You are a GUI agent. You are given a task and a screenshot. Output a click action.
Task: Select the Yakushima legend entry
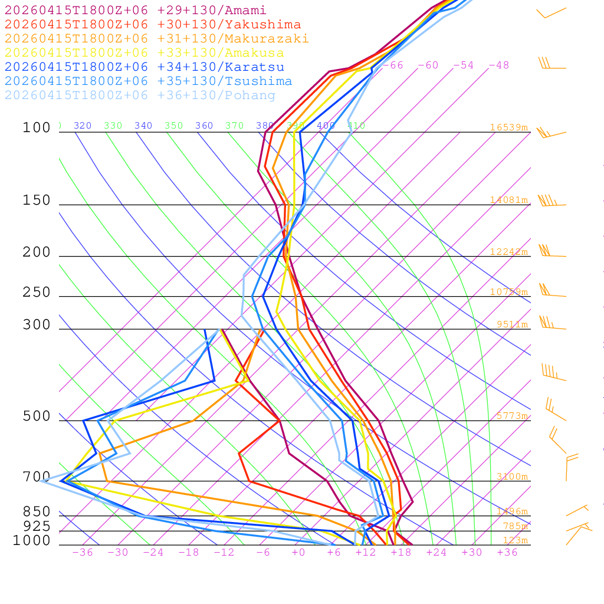click(x=153, y=25)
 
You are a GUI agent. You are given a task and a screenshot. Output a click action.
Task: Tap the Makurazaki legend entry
click(x=157, y=39)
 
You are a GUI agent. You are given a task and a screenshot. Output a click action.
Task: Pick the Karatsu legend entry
click(x=145, y=67)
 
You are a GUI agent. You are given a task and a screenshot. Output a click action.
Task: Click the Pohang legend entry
click(x=140, y=96)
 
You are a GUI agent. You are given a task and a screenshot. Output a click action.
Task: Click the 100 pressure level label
click(x=37, y=128)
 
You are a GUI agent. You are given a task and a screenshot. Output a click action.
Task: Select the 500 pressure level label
click(x=37, y=417)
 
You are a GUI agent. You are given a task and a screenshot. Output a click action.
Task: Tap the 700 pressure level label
click(x=37, y=477)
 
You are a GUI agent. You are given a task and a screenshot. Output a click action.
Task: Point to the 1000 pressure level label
click(x=32, y=541)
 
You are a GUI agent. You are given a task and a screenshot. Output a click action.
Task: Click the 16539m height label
click(x=509, y=127)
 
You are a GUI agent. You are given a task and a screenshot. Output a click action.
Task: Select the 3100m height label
click(x=512, y=477)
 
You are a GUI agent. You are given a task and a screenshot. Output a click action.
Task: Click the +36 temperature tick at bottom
click(x=507, y=553)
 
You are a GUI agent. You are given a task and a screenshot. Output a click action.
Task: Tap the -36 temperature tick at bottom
click(x=83, y=553)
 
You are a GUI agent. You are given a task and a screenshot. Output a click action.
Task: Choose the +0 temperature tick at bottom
click(x=298, y=553)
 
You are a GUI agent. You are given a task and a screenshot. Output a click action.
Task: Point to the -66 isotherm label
click(x=393, y=65)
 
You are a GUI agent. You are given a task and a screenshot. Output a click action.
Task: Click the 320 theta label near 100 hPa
click(x=83, y=126)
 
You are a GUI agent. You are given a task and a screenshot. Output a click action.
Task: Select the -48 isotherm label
click(x=499, y=65)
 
